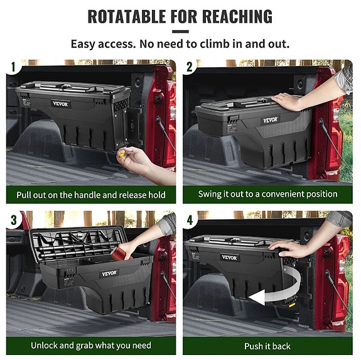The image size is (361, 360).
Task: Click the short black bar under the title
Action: [x=180, y=31]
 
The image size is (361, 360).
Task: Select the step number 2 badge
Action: [x=189, y=67]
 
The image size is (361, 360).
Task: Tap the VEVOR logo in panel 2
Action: [x=270, y=119]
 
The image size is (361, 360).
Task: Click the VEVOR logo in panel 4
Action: [x=230, y=258]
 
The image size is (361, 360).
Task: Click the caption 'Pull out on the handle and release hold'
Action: [x=91, y=195]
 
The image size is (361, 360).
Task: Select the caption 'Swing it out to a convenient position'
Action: [x=267, y=195]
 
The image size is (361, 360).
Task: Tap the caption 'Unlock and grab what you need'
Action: [x=91, y=346]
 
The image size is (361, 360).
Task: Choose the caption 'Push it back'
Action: [x=267, y=346]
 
